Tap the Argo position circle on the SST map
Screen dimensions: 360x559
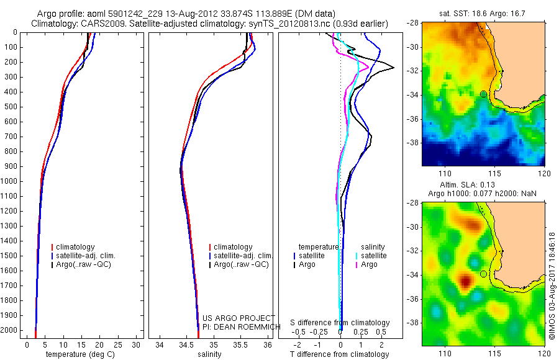[483, 94]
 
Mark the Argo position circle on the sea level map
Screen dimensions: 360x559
[483, 274]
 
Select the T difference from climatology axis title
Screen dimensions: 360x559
[339, 354]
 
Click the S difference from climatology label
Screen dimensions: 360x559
[340, 323]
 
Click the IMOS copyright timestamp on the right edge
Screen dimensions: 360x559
[552, 286]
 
